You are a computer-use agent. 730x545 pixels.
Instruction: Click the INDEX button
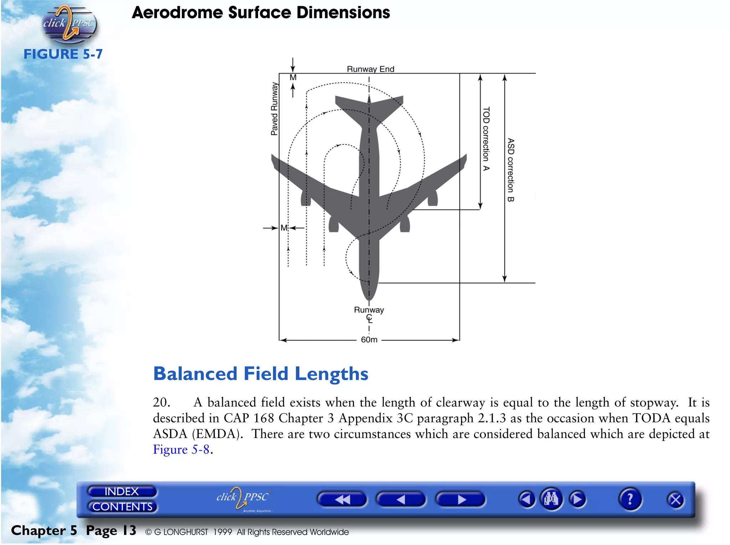point(122,492)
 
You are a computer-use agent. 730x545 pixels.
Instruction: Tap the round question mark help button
point(630,499)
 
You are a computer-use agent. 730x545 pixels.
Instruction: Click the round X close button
point(675,500)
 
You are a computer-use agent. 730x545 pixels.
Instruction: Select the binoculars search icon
point(551,499)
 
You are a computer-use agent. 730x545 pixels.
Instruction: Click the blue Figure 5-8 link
point(181,450)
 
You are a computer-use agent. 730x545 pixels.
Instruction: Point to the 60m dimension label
point(369,340)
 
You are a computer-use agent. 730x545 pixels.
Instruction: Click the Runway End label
point(370,69)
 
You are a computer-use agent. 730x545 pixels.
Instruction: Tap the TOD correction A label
point(486,139)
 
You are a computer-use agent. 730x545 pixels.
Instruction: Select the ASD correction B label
point(511,170)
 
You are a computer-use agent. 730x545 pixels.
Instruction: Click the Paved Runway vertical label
point(274,109)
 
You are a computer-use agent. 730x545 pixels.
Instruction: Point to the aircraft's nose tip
point(369,299)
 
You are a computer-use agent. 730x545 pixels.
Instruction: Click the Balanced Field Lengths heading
point(261,374)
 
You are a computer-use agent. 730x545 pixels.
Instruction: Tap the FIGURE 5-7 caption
point(63,54)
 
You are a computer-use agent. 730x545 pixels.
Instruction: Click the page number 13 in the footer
point(130,530)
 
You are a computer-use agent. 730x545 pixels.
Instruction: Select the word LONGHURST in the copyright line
point(185,532)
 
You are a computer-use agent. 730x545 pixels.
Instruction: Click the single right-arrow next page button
point(461,500)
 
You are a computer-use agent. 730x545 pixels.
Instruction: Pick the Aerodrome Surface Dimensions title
point(261,13)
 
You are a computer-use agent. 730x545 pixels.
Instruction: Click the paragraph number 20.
point(161,403)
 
